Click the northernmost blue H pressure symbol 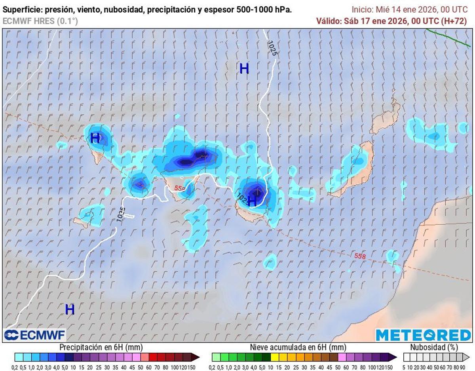(244, 69)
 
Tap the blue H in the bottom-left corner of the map (70, 309)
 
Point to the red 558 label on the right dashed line (360, 256)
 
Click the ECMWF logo (34, 335)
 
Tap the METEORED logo (423, 335)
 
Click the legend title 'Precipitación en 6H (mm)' (101, 347)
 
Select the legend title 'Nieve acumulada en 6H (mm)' (298, 347)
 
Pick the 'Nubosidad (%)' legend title (434, 347)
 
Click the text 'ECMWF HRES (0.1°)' (40, 21)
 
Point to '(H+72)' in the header (454, 21)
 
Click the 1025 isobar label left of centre (121, 214)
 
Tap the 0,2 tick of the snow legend (213, 367)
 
